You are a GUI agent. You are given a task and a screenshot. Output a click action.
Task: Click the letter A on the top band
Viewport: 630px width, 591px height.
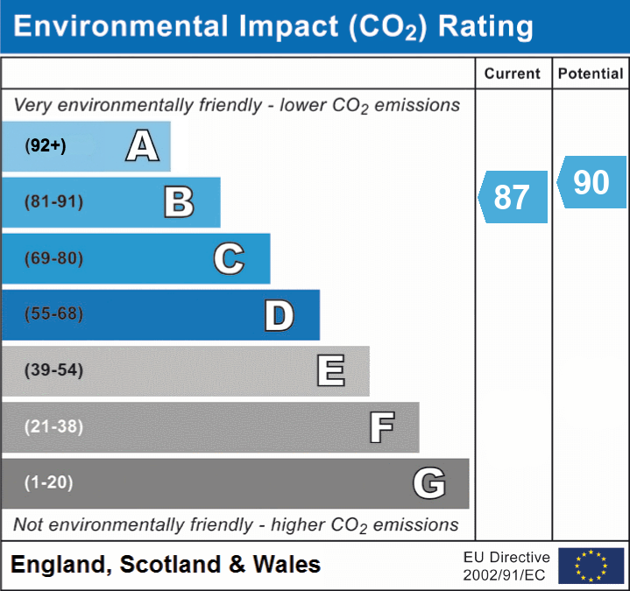[142, 146]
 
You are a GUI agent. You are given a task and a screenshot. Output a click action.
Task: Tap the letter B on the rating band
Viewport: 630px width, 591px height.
[179, 202]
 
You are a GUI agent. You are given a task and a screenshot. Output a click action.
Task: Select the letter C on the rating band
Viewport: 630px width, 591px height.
[229, 258]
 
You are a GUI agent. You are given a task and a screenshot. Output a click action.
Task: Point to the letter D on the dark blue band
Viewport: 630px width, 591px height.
[279, 314]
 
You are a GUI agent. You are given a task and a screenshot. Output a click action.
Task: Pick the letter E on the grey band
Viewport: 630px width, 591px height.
[330, 370]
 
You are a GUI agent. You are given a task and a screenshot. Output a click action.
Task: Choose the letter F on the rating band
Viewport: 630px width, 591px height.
[381, 427]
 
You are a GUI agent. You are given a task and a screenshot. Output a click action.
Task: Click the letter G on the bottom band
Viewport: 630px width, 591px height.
[429, 483]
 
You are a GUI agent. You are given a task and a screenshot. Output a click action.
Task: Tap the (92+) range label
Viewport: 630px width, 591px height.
[46, 146]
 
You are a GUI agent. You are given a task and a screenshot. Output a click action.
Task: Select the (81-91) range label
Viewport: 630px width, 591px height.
[54, 202]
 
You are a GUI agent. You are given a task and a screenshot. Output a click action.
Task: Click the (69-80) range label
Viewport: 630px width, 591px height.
[54, 258]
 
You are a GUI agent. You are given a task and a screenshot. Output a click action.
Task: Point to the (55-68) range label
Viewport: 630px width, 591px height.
[54, 314]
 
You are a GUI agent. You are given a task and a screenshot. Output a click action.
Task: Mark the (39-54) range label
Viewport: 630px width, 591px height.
[54, 370]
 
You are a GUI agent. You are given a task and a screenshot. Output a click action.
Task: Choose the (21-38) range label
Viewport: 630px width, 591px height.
[54, 427]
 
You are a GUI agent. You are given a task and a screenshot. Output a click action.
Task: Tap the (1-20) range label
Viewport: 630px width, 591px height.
[49, 483]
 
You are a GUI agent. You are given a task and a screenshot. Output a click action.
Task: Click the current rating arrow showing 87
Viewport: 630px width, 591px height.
[513, 197]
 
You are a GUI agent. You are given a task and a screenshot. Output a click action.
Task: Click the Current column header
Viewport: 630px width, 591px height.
[513, 74]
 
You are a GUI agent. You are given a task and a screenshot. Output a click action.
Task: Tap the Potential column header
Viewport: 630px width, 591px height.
[591, 74]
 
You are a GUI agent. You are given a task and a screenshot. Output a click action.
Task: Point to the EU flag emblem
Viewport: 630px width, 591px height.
[591, 566]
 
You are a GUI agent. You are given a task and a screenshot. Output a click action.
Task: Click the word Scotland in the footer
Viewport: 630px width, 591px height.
[170, 565]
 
